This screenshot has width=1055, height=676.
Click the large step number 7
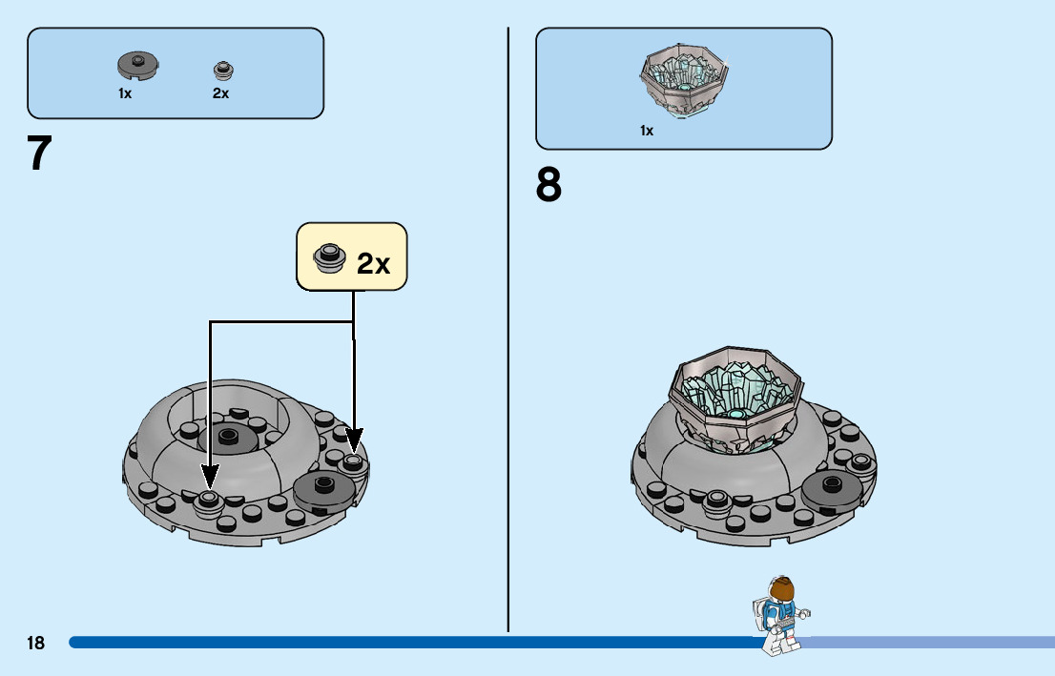click(39, 154)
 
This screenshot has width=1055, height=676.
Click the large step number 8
click(548, 185)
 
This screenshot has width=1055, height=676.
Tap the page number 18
click(35, 644)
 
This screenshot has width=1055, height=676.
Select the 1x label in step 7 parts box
click(125, 93)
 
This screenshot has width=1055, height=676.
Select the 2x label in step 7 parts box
click(220, 93)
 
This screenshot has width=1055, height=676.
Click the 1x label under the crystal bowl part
click(647, 131)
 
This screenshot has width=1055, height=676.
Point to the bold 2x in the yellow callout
click(374, 263)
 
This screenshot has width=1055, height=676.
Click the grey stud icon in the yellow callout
click(330, 257)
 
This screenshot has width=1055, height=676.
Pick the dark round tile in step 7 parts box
click(137, 66)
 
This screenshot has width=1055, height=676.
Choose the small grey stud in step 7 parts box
click(222, 70)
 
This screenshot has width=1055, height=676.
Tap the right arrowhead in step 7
click(354, 442)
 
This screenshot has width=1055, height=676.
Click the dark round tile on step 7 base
click(323, 488)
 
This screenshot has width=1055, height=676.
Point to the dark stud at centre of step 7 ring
click(227, 437)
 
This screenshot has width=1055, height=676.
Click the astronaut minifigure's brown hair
click(781, 588)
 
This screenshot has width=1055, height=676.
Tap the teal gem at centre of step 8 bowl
click(737, 415)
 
